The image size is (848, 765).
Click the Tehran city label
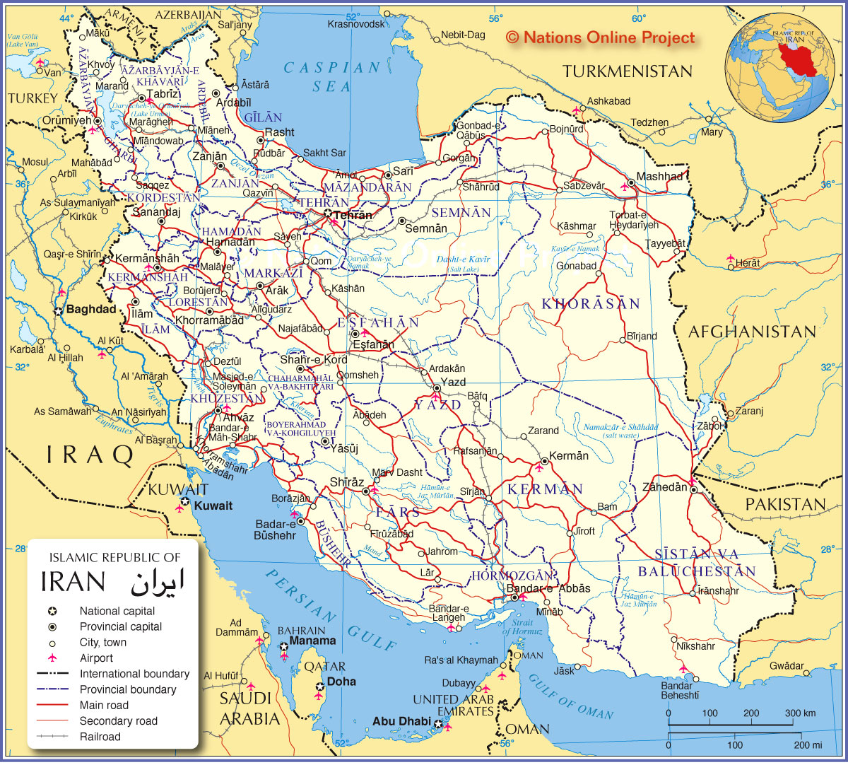(352, 215)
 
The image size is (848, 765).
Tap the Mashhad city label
(659, 177)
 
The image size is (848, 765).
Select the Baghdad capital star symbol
(57, 310)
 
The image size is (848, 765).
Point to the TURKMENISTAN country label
(628, 71)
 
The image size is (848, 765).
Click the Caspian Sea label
(332, 77)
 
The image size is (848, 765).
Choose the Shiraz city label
(347, 482)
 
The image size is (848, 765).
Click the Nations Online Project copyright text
(601, 38)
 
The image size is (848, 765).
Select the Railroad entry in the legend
(100, 737)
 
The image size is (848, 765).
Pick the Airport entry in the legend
(96, 658)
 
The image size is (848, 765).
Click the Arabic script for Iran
(157, 581)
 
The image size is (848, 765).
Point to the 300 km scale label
(800, 713)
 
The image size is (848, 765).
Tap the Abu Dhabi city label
(401, 721)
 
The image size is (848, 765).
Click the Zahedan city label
(664, 487)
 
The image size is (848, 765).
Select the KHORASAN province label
(591, 304)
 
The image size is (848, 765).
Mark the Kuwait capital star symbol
(184, 501)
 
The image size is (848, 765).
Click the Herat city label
(748, 263)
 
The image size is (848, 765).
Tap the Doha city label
(341, 682)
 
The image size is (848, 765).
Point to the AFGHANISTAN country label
(752, 332)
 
